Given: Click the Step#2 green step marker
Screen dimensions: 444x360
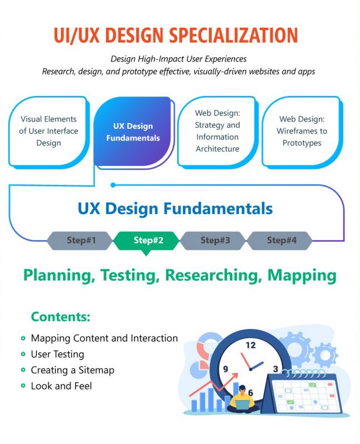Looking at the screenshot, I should tap(147, 240).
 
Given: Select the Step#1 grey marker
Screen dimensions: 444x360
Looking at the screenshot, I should tap(81, 240).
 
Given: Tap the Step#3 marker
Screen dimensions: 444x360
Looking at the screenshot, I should tap(215, 240).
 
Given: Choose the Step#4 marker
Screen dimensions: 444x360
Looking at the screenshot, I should tap(282, 240).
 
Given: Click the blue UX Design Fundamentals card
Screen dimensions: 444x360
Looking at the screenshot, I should tap(132, 132).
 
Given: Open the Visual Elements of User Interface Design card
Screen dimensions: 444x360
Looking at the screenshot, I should tap(48, 131).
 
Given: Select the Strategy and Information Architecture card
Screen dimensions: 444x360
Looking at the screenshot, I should tap(217, 131).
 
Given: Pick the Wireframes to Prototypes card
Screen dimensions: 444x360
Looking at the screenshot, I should tap(302, 131).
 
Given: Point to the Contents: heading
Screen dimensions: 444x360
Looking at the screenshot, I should tap(61, 317).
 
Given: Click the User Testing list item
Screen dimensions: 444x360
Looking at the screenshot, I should tap(57, 354).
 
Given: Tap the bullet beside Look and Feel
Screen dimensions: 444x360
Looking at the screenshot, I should tap(23, 385).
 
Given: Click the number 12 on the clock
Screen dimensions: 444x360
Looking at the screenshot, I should tap(251, 345).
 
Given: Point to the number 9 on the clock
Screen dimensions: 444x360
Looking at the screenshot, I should tap(226, 369).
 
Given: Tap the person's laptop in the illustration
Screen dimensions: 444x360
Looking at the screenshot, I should tap(242, 405).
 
